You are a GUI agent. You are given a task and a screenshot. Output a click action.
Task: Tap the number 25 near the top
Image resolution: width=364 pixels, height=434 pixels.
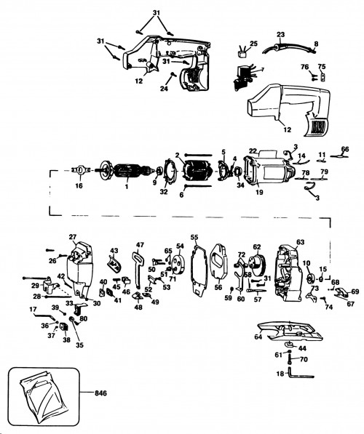click(254, 44)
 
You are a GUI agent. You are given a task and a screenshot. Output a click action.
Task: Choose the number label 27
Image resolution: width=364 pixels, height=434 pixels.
click(72, 237)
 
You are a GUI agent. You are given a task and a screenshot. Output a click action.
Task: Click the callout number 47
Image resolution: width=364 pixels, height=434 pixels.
click(140, 244)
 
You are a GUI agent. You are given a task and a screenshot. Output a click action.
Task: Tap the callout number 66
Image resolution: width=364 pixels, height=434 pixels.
click(345, 149)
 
